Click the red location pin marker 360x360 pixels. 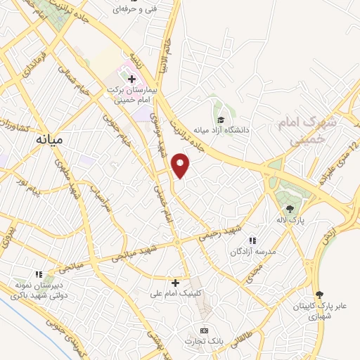(181, 165)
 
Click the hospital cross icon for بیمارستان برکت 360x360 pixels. (132, 77)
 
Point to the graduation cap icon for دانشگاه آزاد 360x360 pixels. (220, 120)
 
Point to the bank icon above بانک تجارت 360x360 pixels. (205, 330)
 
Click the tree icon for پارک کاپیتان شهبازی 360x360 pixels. (319, 294)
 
